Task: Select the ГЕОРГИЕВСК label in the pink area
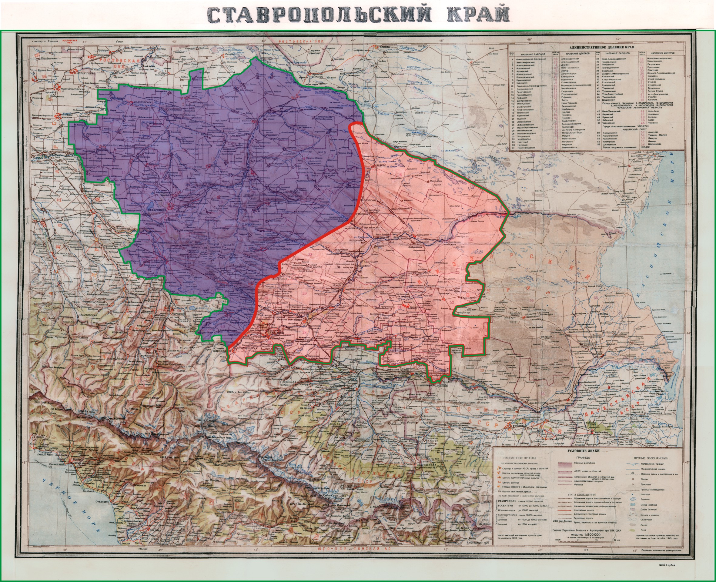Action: [x=295, y=320]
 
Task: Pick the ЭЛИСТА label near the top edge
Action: [x=385, y=47]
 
